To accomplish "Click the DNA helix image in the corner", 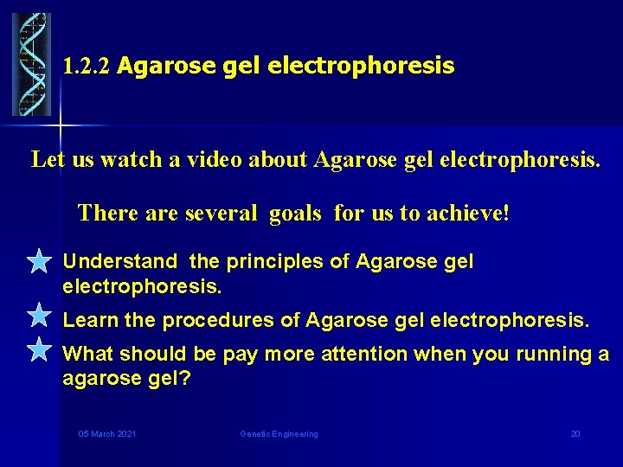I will point(31,64).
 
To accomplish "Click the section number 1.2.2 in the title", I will point(87,67).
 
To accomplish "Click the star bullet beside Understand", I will point(39,261).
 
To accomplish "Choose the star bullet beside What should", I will point(39,349).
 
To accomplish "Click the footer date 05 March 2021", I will point(106,433).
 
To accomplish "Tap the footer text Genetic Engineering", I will point(279,433).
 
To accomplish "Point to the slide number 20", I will point(575,433).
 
